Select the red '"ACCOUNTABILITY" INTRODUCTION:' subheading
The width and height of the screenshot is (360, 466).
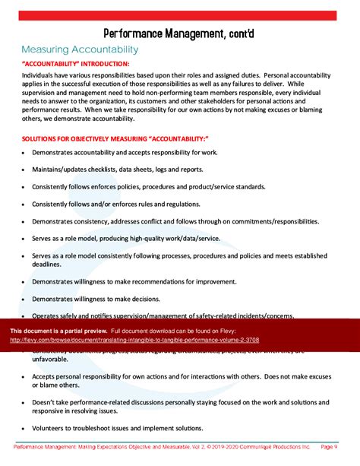pos(75,64)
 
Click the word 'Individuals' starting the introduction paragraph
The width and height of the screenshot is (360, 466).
pos(38,76)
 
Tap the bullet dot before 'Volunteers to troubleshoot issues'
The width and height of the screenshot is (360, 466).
pos(24,427)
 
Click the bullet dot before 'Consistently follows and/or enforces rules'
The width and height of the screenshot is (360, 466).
pos(24,204)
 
